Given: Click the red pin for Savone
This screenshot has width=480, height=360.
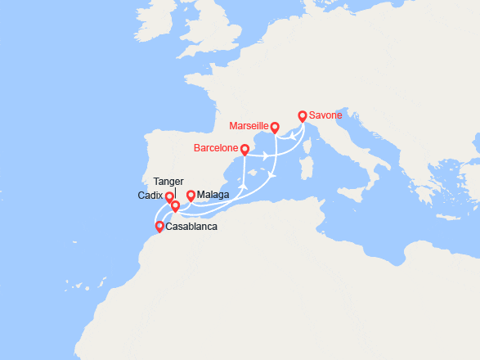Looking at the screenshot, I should coord(303,117).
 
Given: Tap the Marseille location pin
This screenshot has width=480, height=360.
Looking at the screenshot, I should coord(275,128).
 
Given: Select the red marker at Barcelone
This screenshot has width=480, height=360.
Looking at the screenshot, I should coord(244,150).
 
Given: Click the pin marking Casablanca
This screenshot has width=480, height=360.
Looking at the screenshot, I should coord(159,227).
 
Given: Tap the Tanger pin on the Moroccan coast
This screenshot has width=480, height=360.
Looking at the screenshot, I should coord(175,206).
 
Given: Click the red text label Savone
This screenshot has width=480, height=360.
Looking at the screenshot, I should coord(325,115).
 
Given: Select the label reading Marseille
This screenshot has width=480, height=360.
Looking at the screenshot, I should coord(250,126).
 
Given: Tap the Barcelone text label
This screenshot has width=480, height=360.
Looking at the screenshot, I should coord(217,149).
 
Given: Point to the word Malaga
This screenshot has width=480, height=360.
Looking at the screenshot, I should coord(213,196).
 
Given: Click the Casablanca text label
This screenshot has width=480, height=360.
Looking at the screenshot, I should coord(191,227).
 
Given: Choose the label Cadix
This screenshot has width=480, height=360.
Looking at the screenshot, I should coord(150,196).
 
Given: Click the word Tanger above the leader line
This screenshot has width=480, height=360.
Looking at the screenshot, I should coord(168,182).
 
